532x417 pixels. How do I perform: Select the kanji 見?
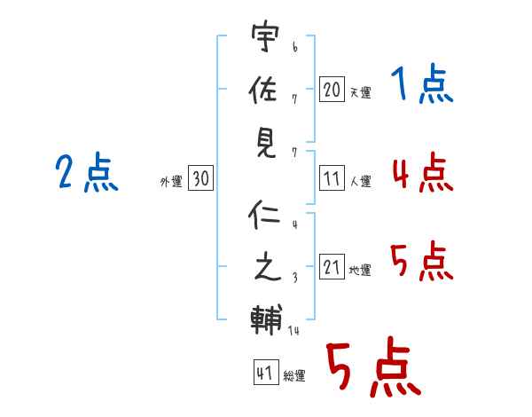coord(264,142)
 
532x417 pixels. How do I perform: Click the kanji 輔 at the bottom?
coord(264,317)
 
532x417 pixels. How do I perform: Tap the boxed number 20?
coord(332,89)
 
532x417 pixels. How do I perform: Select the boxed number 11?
coord(332,178)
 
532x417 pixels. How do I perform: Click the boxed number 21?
coord(332,267)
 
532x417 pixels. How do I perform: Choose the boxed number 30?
coord(200,179)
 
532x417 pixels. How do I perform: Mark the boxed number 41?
coord(264,374)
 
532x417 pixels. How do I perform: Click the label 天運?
coord(360,92)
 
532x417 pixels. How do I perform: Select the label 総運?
coord(294,376)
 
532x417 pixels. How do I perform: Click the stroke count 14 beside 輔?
coord(293,331)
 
